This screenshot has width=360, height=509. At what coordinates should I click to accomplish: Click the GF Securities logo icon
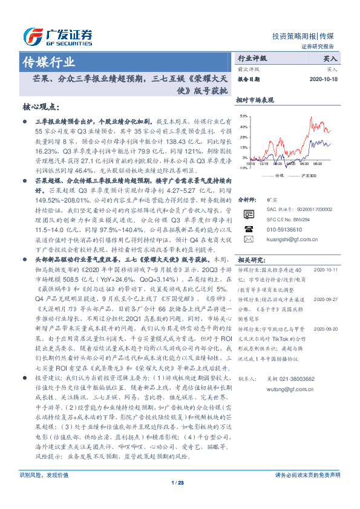[x=30, y=34]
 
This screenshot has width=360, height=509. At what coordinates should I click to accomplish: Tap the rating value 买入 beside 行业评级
[x=329, y=59]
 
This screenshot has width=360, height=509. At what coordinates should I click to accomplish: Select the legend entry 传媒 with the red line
[x=277, y=176]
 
